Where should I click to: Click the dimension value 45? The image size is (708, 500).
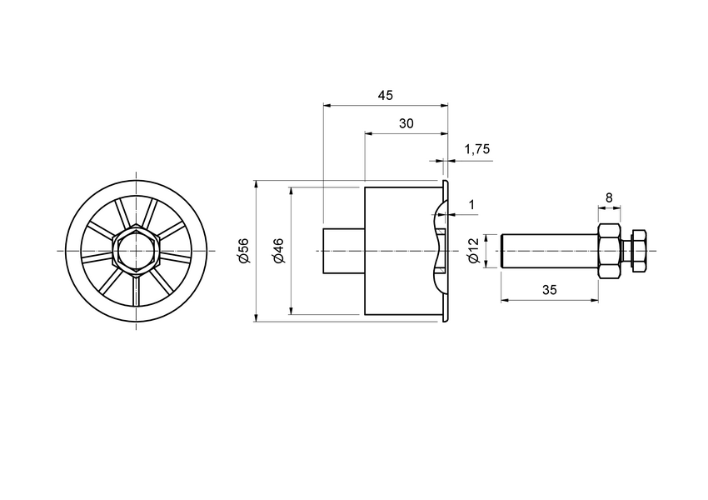coord(385,95)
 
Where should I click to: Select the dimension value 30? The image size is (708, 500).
coord(406,123)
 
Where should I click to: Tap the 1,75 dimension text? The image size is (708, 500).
coord(476,150)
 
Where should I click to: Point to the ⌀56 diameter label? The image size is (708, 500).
coord(243,251)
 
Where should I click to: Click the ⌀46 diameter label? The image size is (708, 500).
coord(278,251)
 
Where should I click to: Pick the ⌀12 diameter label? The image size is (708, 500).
coord(473,251)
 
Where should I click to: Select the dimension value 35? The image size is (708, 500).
coord(549,290)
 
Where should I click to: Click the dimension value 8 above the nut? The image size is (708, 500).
coord(609,197)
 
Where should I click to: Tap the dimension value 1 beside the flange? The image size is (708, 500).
coord(471,204)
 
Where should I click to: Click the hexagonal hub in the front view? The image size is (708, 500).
coord(135,251)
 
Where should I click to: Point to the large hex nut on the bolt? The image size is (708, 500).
coord(609,251)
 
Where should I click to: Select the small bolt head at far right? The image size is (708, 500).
coord(639,251)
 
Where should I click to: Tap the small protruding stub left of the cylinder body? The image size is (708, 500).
coord(343,251)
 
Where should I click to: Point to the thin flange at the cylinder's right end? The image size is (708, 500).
coord(445,251)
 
